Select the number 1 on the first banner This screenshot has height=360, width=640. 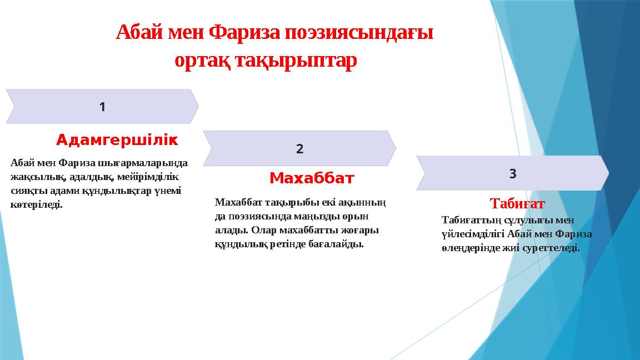click(102, 107)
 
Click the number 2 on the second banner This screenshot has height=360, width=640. click(300, 149)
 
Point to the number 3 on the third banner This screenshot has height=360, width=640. click(513, 174)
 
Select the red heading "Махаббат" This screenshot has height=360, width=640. click(312, 179)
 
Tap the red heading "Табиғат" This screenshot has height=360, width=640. click(517, 203)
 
